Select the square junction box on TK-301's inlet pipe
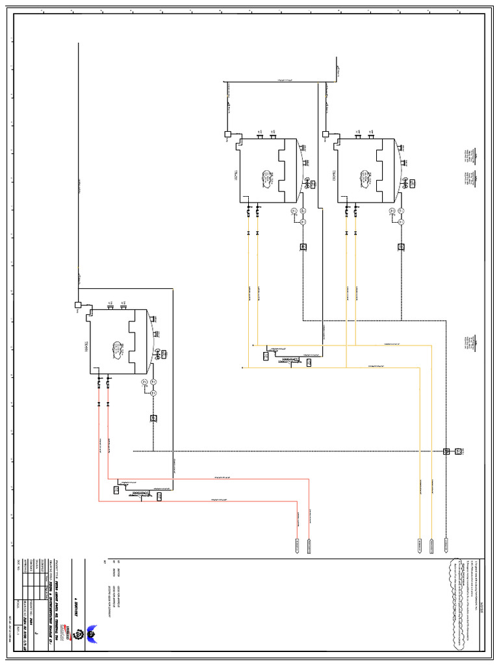point(77,304)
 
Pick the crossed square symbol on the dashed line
point(447,451)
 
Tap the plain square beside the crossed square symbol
point(458,451)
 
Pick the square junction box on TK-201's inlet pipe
point(228,135)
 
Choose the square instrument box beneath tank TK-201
point(303,247)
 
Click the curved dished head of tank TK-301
point(152,342)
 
